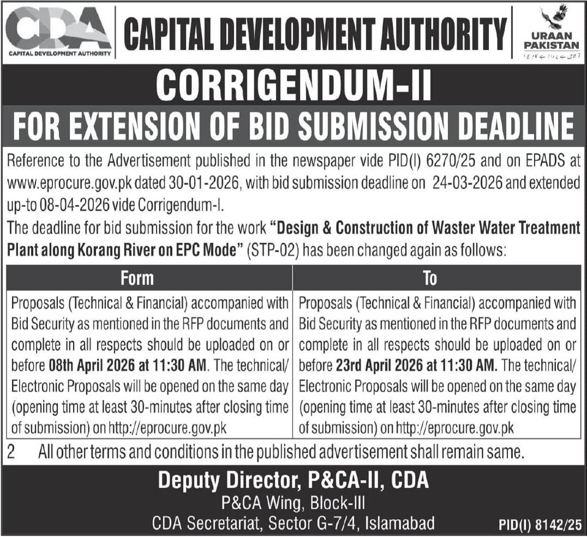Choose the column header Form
pos(137,278)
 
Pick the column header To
pos(429,278)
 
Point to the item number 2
pos(11,451)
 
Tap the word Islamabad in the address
pos(401,523)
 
